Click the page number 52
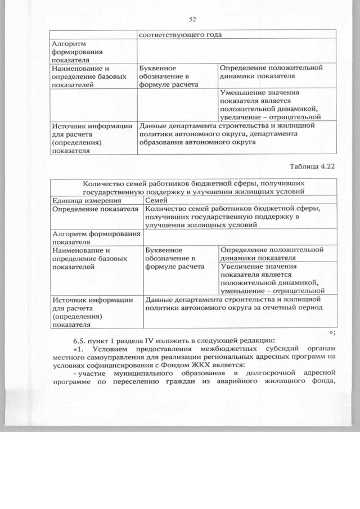point(192,20)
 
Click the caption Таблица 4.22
point(313,166)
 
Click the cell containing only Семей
point(156,200)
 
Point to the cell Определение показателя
point(95,209)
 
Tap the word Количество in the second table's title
point(105,183)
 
